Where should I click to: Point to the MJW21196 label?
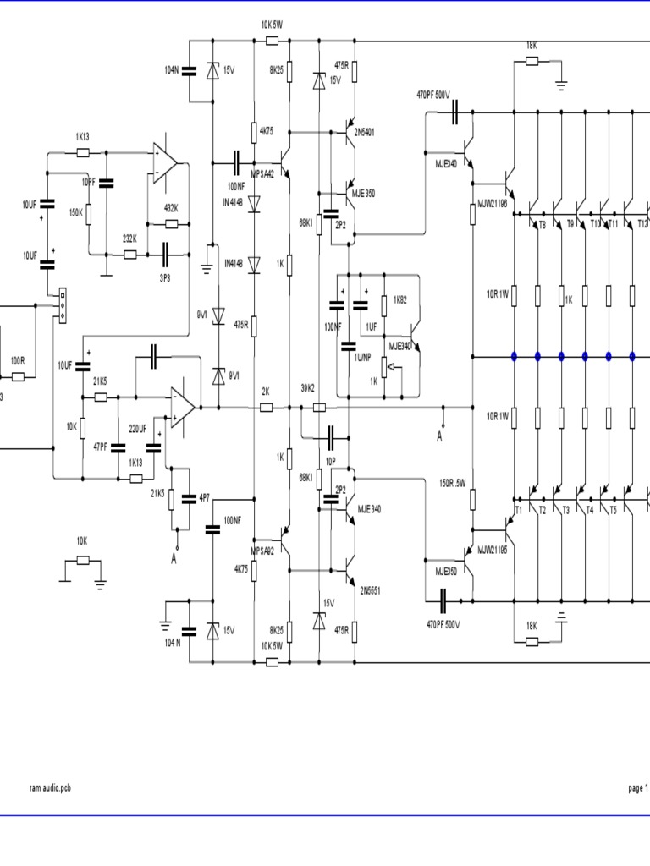click(x=490, y=204)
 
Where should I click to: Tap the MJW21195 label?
click(x=491, y=551)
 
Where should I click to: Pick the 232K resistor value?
click(x=130, y=239)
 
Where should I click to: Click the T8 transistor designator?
click(x=542, y=224)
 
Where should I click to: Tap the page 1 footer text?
click(x=636, y=787)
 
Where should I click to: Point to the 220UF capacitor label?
click(x=138, y=429)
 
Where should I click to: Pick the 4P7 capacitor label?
click(x=204, y=498)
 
